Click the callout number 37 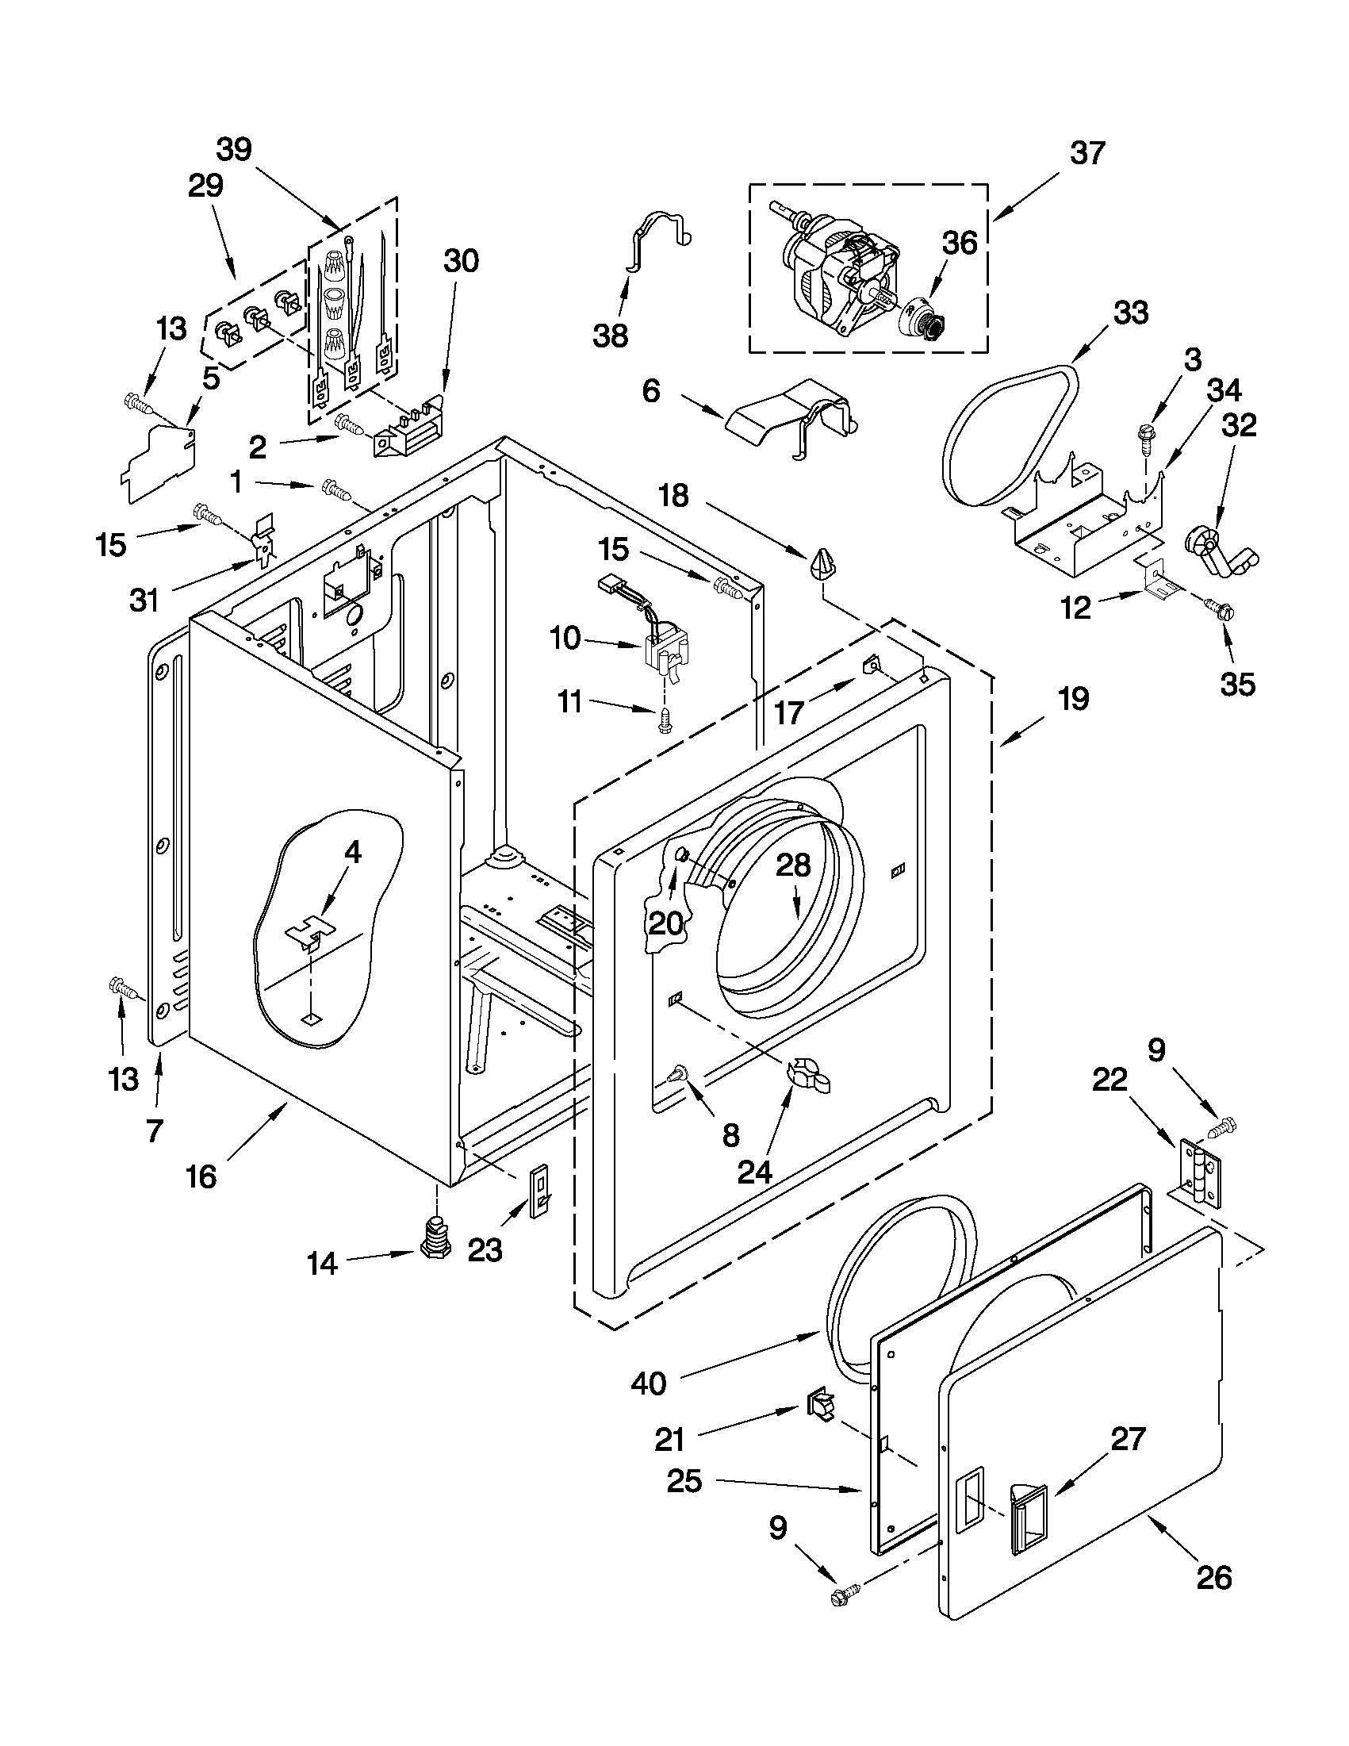pos(1086,152)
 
